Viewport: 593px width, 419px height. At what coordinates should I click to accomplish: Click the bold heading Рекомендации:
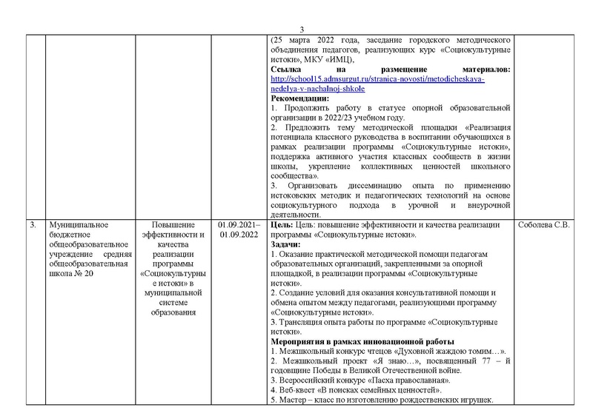pyautogui.click(x=300, y=98)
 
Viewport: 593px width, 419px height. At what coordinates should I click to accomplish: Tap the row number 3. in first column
pyautogui.click(x=33, y=225)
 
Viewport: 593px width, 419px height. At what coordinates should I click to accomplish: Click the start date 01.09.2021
pyautogui.click(x=237, y=225)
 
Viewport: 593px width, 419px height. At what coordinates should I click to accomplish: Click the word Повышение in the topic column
pyautogui.click(x=173, y=225)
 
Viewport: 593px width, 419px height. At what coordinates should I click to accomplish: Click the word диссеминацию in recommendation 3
pyautogui.click(x=369, y=184)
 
